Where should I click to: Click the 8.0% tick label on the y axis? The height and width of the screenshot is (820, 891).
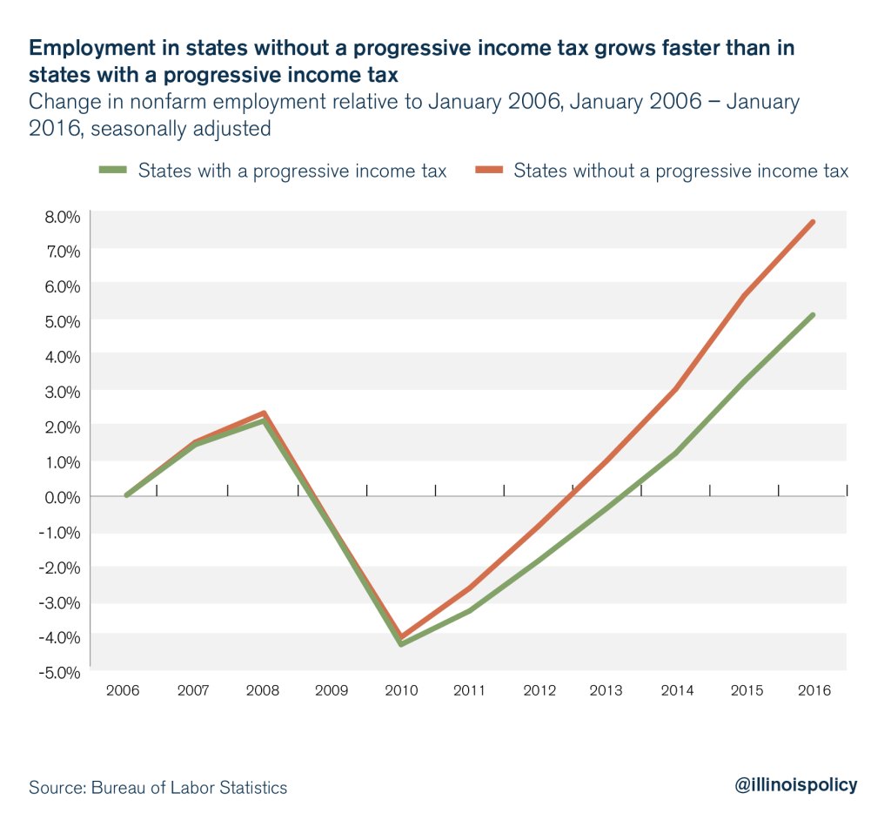(x=61, y=215)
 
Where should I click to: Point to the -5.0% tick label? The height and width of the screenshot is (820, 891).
(x=59, y=672)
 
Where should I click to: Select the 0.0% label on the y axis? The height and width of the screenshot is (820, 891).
(x=61, y=496)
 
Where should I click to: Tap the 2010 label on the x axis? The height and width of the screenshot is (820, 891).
(x=400, y=691)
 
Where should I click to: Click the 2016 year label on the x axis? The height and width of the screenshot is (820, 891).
(x=814, y=691)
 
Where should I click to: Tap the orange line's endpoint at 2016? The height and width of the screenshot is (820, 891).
(x=814, y=222)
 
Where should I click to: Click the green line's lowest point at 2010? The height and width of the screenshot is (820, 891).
(x=400, y=644)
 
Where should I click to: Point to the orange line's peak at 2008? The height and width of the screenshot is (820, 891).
(x=264, y=413)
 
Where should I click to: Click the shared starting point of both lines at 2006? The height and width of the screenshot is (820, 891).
(x=127, y=495)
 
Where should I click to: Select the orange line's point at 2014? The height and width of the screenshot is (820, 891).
(x=676, y=389)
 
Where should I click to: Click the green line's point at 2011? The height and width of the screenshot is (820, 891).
(x=470, y=610)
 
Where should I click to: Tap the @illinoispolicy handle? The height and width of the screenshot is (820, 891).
(x=795, y=784)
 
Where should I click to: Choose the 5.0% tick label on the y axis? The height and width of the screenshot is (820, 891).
(x=61, y=320)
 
